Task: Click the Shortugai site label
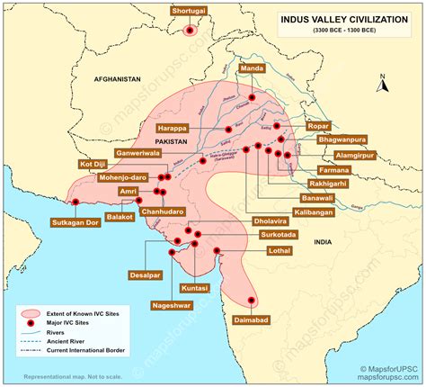pyautogui.click(x=190, y=11)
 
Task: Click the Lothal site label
pyautogui.click(x=280, y=253)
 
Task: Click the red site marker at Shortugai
pyautogui.click(x=190, y=30)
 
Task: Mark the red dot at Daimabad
pyautogui.click(x=251, y=301)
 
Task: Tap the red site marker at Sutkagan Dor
pyautogui.click(x=75, y=202)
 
